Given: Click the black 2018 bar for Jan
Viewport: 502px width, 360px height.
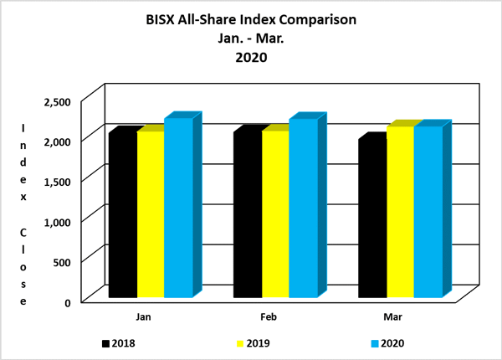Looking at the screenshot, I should [x=123, y=214].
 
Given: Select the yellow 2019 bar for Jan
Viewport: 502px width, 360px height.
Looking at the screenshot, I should [x=151, y=214].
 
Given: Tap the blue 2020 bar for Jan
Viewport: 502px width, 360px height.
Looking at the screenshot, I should [x=178, y=209].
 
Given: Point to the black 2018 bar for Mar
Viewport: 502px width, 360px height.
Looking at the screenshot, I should [x=372, y=219].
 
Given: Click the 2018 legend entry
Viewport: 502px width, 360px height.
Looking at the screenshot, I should [x=116, y=342].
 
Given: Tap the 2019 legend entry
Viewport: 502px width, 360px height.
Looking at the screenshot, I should [x=252, y=342].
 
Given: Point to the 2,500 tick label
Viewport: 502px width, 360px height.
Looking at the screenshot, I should [x=68, y=101].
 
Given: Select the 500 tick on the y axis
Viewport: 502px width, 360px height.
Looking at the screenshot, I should [x=74, y=261].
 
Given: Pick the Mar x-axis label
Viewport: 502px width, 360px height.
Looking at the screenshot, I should [x=393, y=317].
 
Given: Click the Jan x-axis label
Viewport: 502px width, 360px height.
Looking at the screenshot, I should [x=143, y=317].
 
